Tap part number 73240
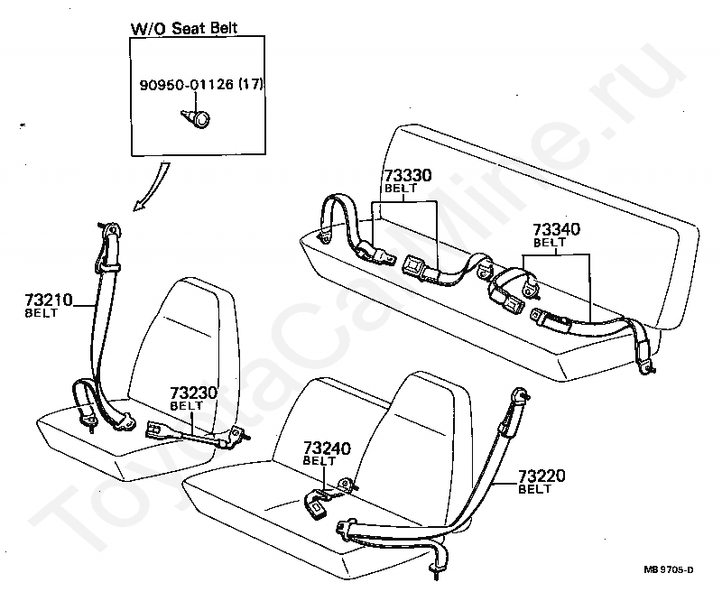(x=325, y=448)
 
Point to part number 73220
(x=541, y=476)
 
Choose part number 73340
(x=555, y=229)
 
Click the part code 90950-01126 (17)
(x=201, y=85)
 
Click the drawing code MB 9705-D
(x=669, y=569)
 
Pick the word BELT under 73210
(x=41, y=313)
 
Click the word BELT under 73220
(x=534, y=489)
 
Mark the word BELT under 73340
(x=549, y=243)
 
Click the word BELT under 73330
(x=399, y=190)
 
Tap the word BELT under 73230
(x=187, y=406)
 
